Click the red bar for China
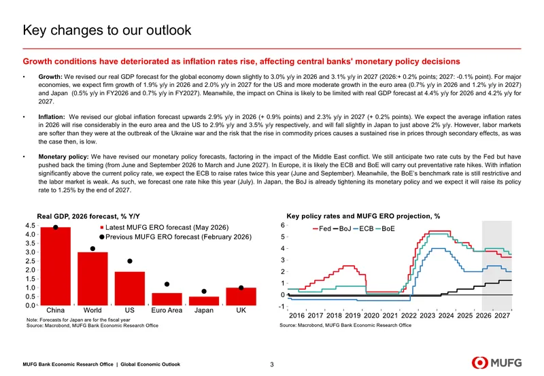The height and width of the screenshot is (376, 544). click(x=56, y=267)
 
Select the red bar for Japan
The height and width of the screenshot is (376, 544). click(x=204, y=301)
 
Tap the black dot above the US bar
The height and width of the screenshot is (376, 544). click(x=130, y=261)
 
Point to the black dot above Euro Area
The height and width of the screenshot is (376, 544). click(x=167, y=284)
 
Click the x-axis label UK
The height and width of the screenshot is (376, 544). click(x=241, y=310)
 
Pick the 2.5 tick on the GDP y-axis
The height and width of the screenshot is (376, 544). click(x=31, y=261)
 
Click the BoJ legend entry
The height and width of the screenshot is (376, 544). click(x=342, y=228)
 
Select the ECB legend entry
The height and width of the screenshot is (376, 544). click(x=363, y=228)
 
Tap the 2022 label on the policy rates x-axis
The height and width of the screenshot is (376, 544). click(x=409, y=315)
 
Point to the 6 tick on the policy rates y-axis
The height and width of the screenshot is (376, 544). click(x=283, y=226)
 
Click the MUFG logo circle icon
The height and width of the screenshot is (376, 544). click(x=479, y=363)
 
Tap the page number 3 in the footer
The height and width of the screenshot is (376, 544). click(x=272, y=364)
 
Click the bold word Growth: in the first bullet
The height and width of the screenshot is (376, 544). click(x=50, y=77)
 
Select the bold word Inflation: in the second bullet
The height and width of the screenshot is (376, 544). click(x=52, y=117)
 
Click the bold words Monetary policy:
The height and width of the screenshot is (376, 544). click(x=63, y=157)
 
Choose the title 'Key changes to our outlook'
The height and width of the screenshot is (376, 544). click(x=107, y=30)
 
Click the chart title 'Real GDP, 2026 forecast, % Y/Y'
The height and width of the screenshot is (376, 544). click(x=88, y=216)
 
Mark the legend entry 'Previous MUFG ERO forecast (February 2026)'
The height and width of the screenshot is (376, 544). click(x=175, y=237)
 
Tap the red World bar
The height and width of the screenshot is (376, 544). click(x=92, y=279)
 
